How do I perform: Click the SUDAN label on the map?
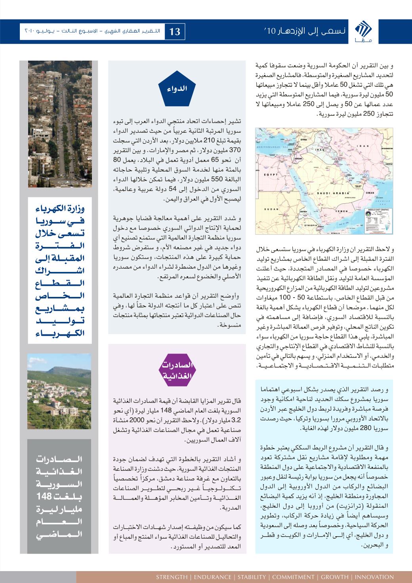point(268,208)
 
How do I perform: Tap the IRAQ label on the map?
point(320,151)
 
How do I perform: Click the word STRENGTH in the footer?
point(172,577)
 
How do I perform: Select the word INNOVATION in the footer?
point(375,577)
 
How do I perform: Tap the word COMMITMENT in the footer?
point(295,577)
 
